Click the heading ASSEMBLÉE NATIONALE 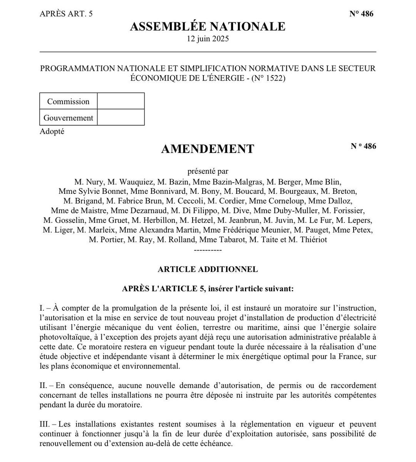(x=208, y=27)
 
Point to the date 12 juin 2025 (x=208, y=39)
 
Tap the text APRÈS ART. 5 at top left (x=66, y=14)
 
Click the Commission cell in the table (x=68, y=101)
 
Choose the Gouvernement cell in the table (x=68, y=118)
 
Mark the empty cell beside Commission (x=121, y=101)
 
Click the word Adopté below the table (x=52, y=131)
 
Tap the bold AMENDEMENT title (x=208, y=149)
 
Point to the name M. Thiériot (x=308, y=240)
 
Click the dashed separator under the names (x=208, y=250)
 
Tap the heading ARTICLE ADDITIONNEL (x=208, y=269)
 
